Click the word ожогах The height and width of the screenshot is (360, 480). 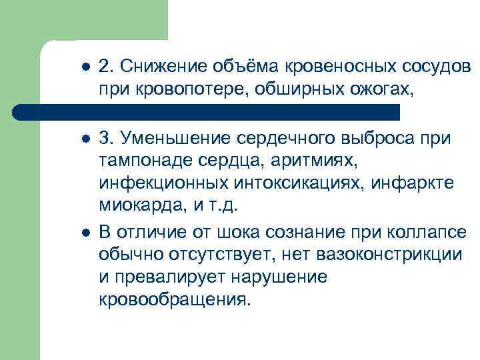coord(374,88)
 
